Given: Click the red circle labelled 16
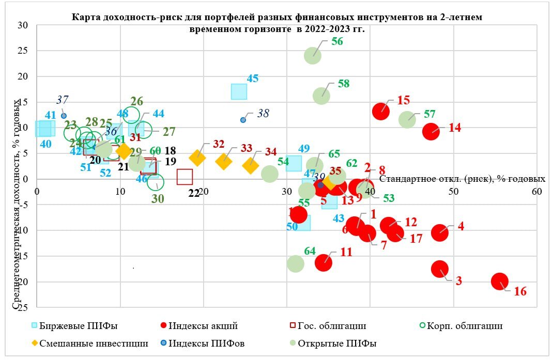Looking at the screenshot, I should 500,281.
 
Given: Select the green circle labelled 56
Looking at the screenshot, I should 313,55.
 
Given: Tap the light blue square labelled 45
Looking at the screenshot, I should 239,91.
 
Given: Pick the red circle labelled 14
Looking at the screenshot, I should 431,131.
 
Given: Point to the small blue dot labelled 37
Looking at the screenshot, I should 64,116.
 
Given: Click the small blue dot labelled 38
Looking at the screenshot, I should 243,120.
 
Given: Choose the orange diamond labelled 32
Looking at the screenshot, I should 197,158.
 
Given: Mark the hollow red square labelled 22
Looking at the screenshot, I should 185,177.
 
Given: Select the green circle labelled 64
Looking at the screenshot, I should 295,263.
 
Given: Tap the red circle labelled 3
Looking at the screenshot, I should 440,268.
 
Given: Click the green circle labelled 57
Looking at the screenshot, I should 407,119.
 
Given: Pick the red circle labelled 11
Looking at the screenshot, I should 324,262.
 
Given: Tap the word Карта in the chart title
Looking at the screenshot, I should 86,17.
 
